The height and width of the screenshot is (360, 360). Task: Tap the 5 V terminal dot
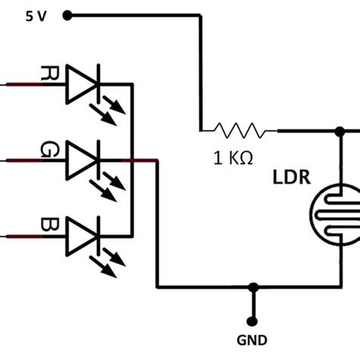68,14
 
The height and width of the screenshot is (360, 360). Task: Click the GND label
251,341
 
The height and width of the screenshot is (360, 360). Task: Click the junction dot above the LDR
337,131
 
